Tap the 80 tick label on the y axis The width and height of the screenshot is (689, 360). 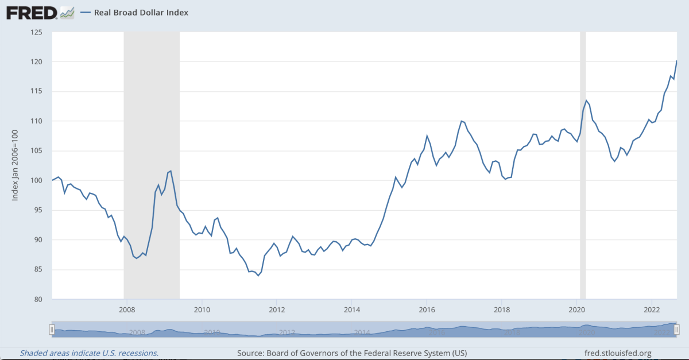[37, 299]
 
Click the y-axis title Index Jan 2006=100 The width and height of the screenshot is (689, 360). [16, 165]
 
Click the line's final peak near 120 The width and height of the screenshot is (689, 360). [677, 61]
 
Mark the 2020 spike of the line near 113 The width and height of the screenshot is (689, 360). [586, 100]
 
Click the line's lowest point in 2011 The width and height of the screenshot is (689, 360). [258, 276]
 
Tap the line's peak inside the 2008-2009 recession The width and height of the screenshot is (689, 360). [171, 171]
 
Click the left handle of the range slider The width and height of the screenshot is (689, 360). [52, 329]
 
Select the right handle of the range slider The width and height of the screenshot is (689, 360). [677, 329]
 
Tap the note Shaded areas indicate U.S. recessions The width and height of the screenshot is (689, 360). [90, 353]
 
